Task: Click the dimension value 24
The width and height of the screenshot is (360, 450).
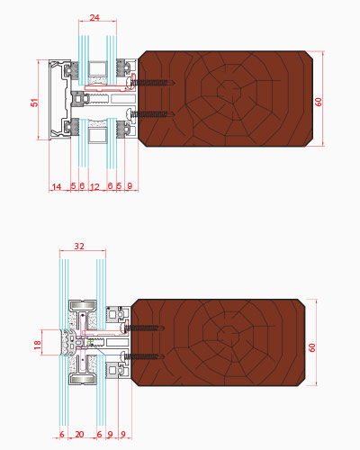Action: (x=94, y=17)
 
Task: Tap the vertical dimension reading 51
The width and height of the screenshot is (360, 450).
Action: (x=35, y=103)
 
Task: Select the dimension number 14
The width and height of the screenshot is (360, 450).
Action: (x=57, y=187)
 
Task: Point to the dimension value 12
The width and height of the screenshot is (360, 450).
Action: (x=94, y=187)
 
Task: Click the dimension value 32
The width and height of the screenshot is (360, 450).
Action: (x=79, y=246)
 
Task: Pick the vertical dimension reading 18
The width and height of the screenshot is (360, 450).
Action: (x=37, y=345)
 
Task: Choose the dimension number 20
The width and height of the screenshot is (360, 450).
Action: (x=79, y=434)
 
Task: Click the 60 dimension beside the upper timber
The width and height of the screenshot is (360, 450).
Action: (x=319, y=102)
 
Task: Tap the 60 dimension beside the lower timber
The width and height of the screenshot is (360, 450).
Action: (x=312, y=347)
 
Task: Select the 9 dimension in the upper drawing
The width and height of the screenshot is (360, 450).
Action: (x=130, y=186)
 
